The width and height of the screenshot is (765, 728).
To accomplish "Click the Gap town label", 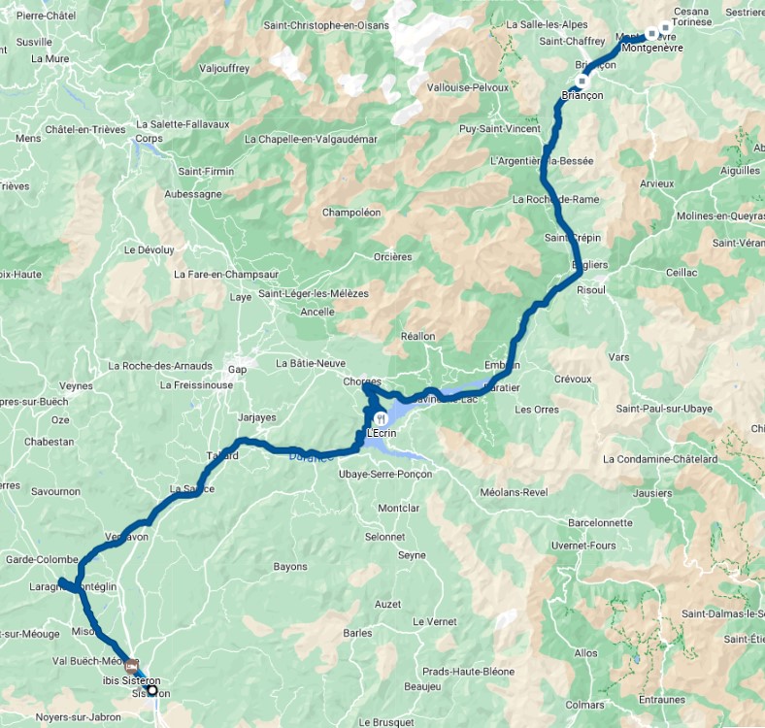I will (237, 370).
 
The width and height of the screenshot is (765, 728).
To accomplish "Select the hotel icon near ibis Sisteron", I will (131, 666).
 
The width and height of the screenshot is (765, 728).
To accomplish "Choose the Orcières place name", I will (393, 257).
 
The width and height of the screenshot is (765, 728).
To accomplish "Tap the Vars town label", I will (618, 357).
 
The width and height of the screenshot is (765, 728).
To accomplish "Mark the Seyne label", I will (412, 555).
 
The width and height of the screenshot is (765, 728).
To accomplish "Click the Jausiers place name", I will (651, 493).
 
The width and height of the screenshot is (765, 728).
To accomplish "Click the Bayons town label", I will (290, 566).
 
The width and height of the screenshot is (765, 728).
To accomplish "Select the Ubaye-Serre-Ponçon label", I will (385, 474).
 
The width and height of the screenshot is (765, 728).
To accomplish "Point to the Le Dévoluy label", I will (150, 249).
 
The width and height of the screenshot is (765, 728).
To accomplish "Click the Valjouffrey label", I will (224, 69).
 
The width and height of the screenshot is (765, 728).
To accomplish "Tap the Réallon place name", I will (418, 336).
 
